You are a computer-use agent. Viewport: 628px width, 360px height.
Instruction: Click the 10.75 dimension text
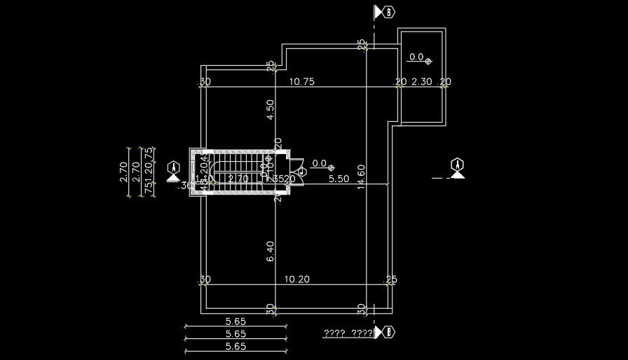301,82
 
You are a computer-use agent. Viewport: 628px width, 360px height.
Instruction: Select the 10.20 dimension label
296,279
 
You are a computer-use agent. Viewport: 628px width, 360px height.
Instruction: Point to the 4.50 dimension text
271,110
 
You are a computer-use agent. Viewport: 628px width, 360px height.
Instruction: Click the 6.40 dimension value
271,252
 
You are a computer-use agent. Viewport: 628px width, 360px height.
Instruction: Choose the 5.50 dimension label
339,179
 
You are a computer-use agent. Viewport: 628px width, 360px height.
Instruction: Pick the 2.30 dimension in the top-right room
421,82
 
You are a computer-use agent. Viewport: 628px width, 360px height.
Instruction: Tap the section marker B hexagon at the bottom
389,331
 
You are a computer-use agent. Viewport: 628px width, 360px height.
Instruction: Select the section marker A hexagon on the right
458,165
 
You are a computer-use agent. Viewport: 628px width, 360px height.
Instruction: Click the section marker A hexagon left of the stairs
174,167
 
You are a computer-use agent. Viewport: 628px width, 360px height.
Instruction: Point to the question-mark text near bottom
348,333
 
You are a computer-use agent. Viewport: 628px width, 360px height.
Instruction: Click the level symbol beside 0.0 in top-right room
428,62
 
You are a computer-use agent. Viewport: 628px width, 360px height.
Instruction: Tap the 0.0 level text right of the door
320,163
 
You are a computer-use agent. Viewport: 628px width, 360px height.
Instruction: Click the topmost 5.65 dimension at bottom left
235,321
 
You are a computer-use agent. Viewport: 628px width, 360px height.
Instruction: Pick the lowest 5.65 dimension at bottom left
235,346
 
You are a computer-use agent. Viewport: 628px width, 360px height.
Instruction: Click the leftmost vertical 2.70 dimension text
124,172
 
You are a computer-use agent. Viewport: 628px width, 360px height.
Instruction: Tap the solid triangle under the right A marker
458,175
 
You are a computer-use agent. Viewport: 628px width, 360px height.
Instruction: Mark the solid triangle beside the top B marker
379,11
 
